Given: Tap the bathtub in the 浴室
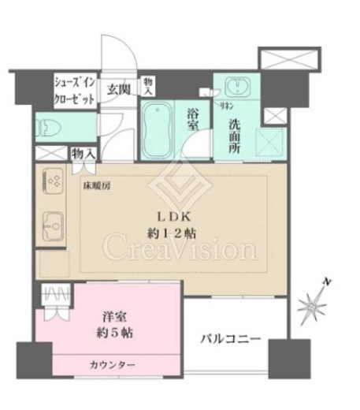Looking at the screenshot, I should click(159, 125).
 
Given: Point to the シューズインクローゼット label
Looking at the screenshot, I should click(75, 89).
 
